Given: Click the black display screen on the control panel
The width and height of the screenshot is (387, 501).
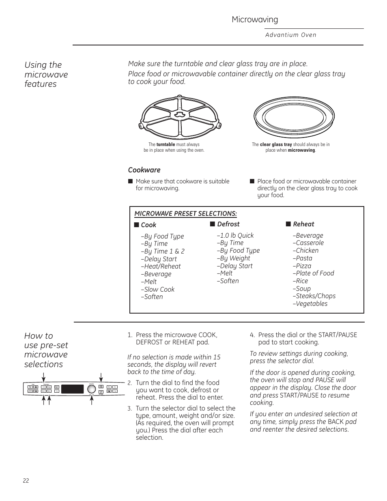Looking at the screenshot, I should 73,389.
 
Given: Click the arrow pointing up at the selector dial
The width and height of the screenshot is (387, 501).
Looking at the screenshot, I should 92,400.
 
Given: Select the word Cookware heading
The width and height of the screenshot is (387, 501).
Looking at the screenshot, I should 144,170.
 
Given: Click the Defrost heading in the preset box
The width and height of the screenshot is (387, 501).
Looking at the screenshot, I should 228,224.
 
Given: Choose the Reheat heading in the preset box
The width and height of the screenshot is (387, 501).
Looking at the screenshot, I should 303,224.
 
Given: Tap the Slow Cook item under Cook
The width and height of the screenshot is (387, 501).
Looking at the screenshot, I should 158,289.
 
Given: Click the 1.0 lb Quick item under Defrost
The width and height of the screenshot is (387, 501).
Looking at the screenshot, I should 235,235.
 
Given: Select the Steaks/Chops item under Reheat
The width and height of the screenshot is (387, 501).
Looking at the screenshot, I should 314,296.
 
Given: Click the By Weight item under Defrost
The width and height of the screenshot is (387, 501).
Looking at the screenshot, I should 234,258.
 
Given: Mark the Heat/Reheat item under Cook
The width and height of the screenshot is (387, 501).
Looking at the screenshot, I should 161,266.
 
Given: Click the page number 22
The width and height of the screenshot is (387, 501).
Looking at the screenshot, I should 26,481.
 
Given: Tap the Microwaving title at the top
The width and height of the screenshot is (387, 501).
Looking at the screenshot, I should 255,19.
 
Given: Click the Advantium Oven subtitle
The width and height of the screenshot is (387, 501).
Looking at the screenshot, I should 291,35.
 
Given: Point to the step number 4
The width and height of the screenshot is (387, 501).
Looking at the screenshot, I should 252,335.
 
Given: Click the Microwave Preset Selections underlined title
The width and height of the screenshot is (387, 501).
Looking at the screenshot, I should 185,214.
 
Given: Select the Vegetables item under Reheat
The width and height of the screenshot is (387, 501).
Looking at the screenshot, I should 310,303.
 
